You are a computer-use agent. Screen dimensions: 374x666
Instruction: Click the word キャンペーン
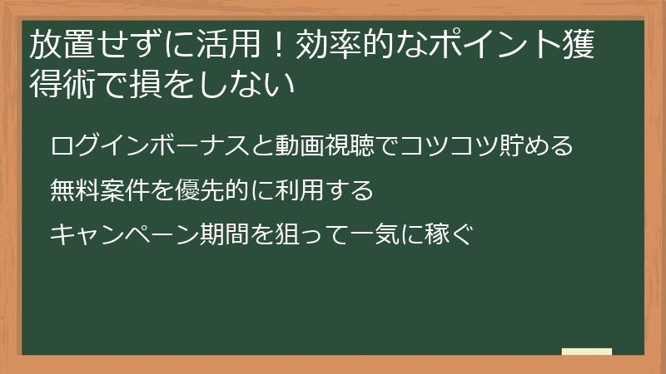pos(123,235)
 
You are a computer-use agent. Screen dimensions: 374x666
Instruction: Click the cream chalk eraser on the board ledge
pos(587,352)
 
